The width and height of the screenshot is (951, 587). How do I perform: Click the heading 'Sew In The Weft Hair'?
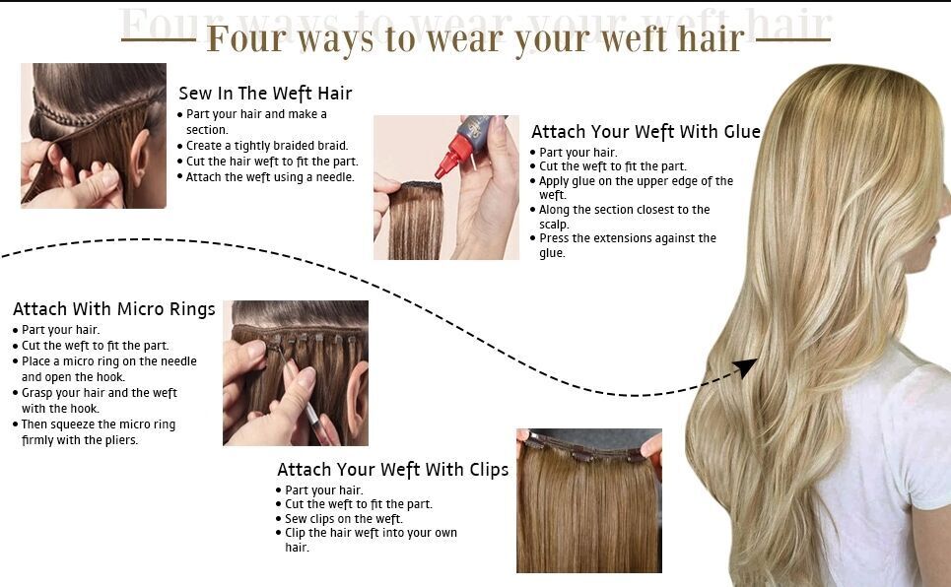265,94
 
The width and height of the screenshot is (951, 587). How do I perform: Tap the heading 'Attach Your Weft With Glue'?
645,132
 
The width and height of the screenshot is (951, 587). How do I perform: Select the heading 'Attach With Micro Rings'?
113,309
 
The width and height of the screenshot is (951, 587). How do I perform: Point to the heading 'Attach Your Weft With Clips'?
392,469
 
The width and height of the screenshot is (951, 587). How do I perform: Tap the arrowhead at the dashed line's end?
746,368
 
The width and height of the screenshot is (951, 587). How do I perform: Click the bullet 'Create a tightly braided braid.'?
267,146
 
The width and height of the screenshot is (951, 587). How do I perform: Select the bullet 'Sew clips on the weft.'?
344,519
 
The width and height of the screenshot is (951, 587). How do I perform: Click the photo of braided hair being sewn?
94,136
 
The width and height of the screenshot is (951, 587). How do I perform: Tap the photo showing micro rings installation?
295,373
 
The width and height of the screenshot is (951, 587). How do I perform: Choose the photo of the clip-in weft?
588,500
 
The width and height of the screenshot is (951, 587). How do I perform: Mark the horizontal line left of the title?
158,40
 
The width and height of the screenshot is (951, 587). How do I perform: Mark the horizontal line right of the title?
793,40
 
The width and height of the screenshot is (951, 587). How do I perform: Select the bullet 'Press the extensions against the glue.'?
627,245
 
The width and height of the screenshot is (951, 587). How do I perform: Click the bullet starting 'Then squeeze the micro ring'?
98,432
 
